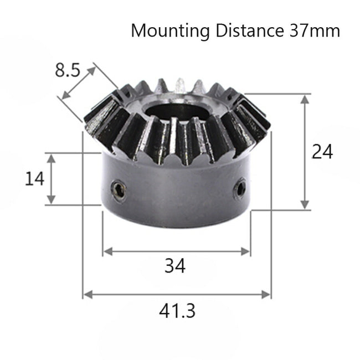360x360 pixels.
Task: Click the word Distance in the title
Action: pyautogui.click(x=248, y=30)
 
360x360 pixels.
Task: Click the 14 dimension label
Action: pyautogui.click(x=34, y=178)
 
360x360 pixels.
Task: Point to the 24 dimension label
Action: pyautogui.click(x=322, y=152)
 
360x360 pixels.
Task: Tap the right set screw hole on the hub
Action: pyautogui.click(x=240, y=188)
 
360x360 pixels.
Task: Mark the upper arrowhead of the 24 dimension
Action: pyautogui.click(x=305, y=98)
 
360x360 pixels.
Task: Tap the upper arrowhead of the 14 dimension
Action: pyautogui.click(x=52, y=158)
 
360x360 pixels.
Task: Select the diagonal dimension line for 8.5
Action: pyautogui.click(x=79, y=83)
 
